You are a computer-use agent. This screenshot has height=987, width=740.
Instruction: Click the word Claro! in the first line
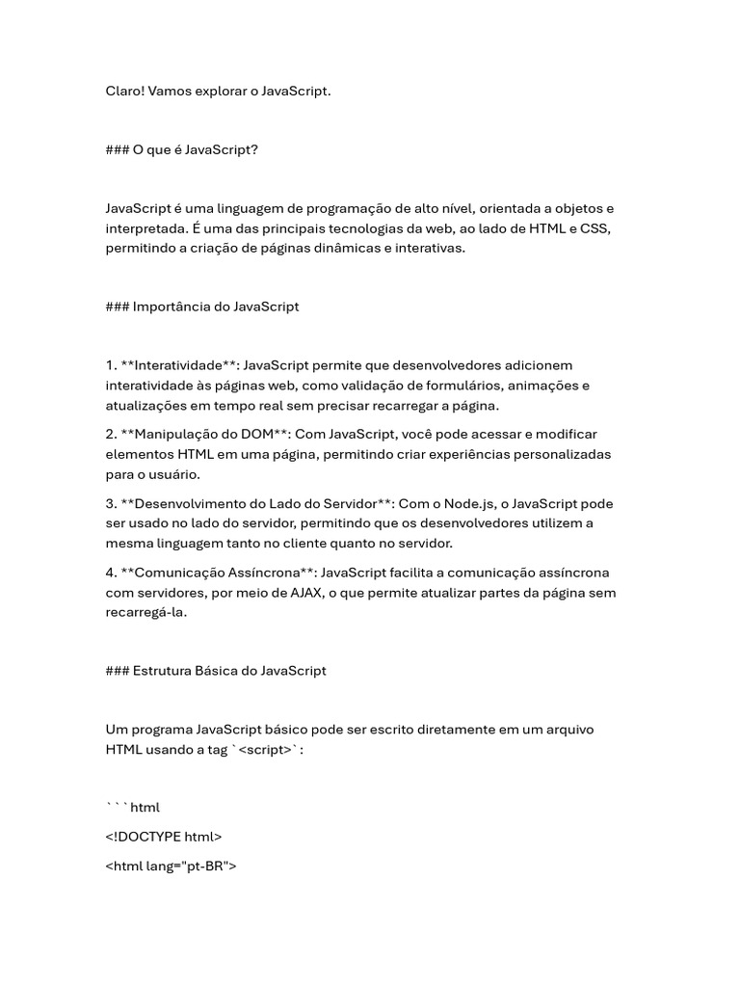124,91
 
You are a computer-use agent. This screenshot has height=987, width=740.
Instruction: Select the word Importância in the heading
169,307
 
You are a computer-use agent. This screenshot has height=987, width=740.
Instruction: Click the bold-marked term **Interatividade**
180,365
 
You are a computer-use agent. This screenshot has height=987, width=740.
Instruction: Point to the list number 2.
111,434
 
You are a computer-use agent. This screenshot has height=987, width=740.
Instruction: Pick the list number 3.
111,503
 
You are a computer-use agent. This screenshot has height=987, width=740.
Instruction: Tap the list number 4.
111,573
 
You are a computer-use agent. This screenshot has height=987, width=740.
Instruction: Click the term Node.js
471,503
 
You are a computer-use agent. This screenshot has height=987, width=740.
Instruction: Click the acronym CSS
595,228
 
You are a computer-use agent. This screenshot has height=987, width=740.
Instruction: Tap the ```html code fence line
133,807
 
